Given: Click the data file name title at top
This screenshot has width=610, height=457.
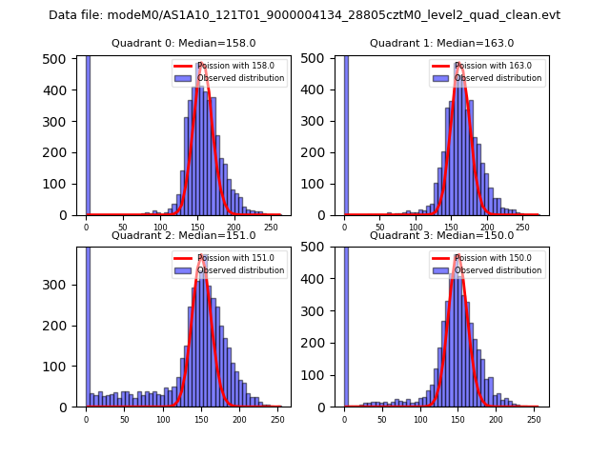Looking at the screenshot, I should tap(304, 15).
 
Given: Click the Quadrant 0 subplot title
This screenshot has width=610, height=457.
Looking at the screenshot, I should tap(183, 43).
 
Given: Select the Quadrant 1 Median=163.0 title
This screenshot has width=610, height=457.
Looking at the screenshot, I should tap(441, 43).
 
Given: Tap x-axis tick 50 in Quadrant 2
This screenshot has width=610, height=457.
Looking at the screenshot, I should tap(125, 419).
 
